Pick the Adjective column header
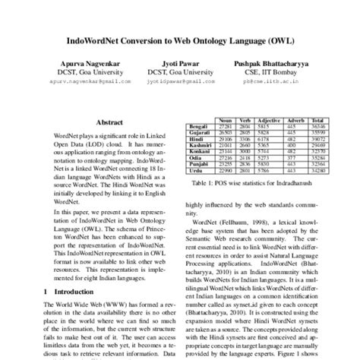270,120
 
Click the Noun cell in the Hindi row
226,138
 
